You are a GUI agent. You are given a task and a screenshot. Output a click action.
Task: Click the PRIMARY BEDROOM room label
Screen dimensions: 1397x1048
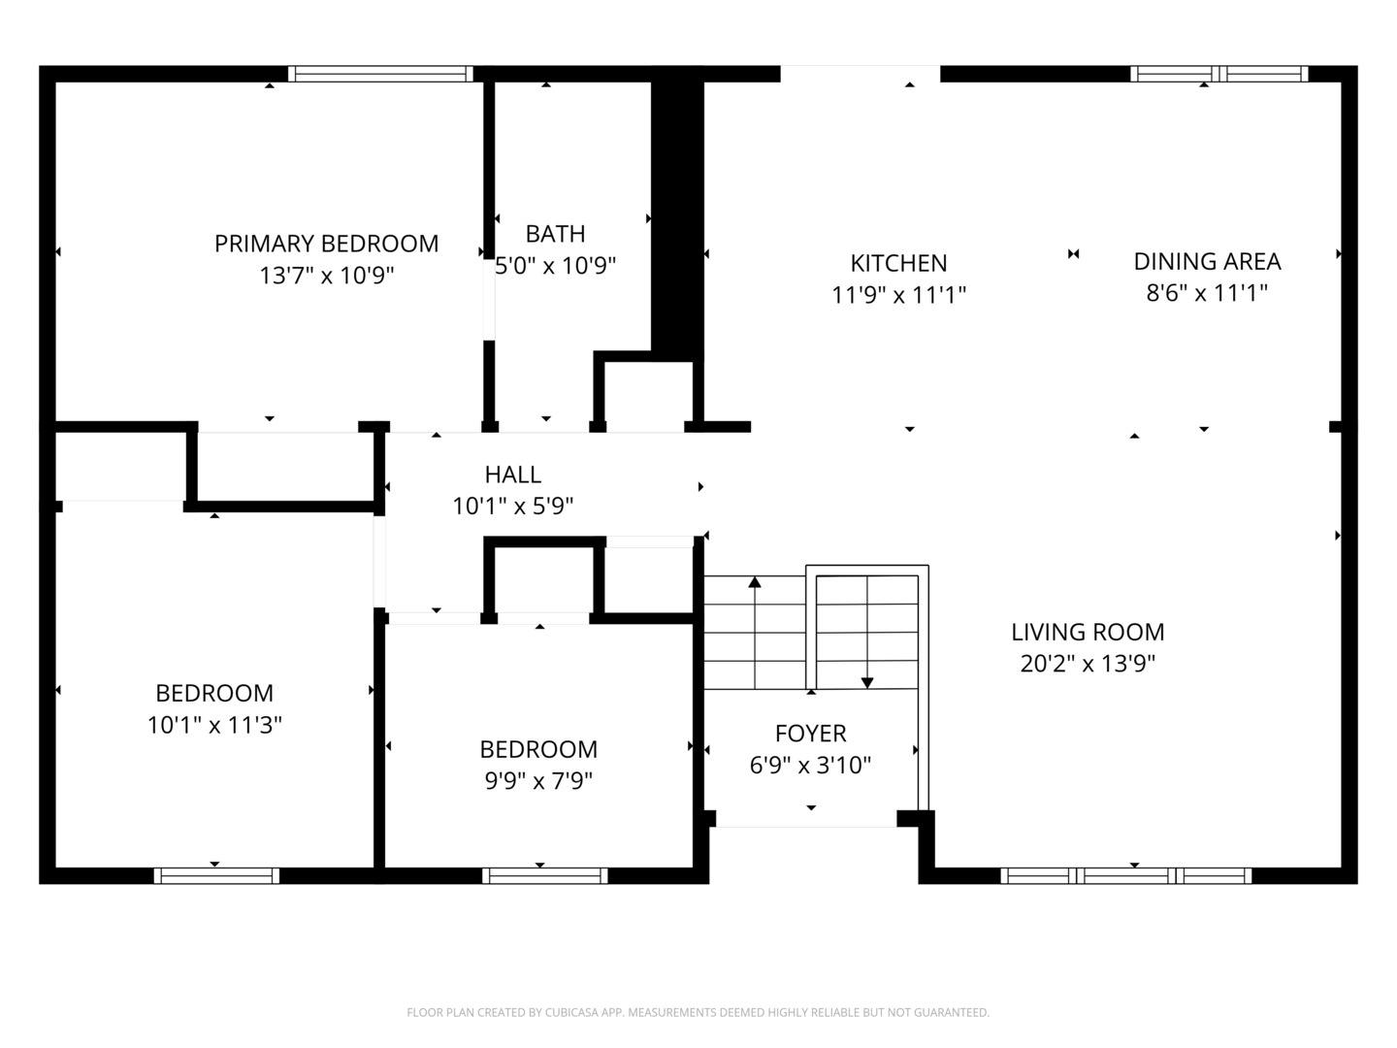(327, 244)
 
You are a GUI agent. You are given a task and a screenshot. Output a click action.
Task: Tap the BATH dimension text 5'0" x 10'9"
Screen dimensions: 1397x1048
(556, 265)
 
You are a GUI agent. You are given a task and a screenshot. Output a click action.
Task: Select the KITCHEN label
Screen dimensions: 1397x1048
(898, 263)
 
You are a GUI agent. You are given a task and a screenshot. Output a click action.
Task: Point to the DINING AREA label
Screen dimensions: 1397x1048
(1208, 262)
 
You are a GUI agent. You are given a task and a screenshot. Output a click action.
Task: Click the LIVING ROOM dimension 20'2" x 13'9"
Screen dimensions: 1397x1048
(1088, 664)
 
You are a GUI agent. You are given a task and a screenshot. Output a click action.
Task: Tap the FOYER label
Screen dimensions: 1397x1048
(811, 734)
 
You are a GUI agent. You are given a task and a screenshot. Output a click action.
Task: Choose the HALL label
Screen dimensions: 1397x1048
(513, 475)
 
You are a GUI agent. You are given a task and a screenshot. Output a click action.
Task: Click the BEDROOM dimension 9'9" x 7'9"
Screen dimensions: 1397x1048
(538, 781)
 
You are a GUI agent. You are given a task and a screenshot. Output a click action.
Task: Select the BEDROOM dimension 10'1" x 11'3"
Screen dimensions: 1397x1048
(214, 725)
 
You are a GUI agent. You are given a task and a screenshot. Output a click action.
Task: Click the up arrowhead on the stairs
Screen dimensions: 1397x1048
(755, 581)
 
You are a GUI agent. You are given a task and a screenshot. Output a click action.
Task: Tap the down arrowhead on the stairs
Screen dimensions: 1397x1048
(867, 683)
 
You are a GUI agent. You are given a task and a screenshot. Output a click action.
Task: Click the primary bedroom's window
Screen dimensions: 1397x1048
(380, 74)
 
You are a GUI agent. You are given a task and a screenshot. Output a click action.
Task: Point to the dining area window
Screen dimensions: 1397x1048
(1219, 74)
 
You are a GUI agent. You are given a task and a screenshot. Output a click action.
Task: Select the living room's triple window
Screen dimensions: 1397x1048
(1126, 875)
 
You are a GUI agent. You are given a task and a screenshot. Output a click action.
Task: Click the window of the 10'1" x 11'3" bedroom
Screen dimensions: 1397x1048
(216, 875)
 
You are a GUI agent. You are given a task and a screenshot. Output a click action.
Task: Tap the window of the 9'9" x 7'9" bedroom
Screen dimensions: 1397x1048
(545, 875)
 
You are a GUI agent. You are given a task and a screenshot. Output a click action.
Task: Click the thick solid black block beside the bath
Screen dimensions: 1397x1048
(677, 216)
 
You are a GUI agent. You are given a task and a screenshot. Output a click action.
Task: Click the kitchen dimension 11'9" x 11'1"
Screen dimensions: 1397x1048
(898, 295)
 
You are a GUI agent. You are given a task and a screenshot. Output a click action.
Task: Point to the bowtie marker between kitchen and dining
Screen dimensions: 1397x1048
(1074, 254)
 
